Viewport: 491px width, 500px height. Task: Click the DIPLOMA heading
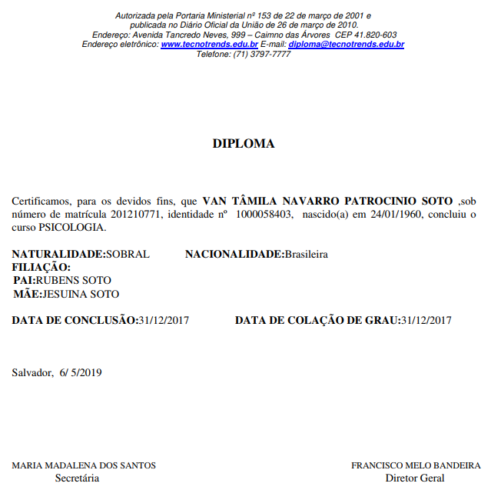(x=243, y=143)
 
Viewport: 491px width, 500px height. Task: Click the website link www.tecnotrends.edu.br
(x=209, y=45)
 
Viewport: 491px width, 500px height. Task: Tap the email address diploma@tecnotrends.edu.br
(x=346, y=45)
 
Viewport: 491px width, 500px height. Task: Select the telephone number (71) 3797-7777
(x=261, y=55)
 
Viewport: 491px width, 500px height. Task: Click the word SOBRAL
(x=128, y=254)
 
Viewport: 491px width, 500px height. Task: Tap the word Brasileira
(x=306, y=254)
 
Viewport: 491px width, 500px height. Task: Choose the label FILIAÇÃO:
(x=41, y=267)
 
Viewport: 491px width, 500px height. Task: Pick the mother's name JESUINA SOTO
(x=81, y=293)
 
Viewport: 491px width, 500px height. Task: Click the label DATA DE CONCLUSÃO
(x=73, y=320)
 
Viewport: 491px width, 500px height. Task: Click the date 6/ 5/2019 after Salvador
(x=81, y=373)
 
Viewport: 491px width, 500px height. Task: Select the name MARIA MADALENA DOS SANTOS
(x=84, y=465)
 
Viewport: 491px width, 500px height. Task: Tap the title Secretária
(x=77, y=478)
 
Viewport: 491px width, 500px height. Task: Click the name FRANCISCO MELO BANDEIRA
(x=416, y=465)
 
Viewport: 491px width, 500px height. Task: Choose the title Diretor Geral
(x=414, y=478)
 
